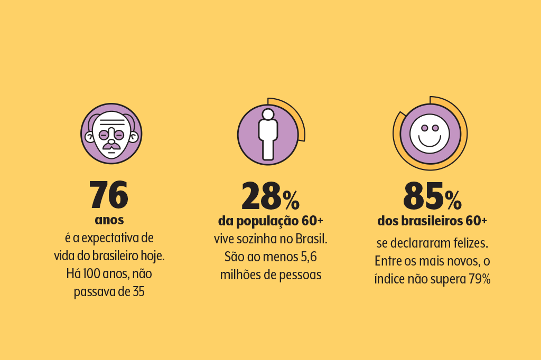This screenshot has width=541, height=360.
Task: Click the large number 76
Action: [108, 195]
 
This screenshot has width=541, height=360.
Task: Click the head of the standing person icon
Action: [268, 114]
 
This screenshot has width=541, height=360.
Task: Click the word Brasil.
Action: [311, 239]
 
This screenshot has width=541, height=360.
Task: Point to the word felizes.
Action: [470, 244]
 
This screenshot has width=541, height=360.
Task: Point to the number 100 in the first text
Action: [94, 273]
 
